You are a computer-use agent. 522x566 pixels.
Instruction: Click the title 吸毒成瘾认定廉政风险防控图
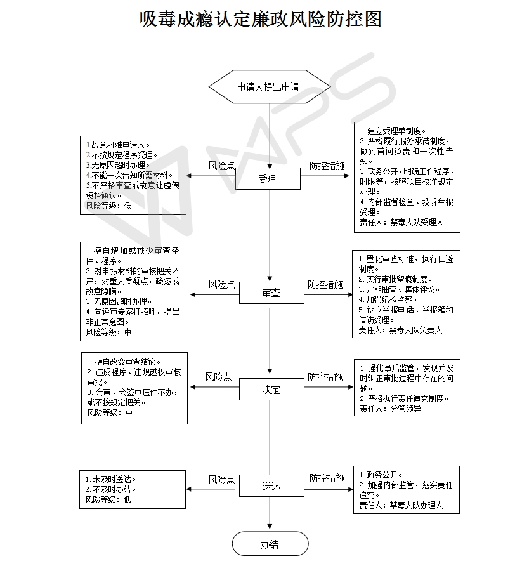pyautogui.click(x=261, y=19)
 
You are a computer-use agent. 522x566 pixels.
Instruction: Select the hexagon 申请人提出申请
pyautogui.click(x=270, y=87)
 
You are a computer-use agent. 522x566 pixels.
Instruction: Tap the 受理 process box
pyautogui.click(x=268, y=179)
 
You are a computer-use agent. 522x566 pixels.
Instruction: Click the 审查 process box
pyautogui.click(x=271, y=293)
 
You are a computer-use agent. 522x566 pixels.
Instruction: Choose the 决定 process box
pyautogui.click(x=271, y=390)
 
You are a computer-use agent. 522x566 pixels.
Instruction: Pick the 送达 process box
pyautogui.click(x=271, y=486)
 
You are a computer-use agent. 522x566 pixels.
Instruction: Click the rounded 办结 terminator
pyautogui.click(x=270, y=544)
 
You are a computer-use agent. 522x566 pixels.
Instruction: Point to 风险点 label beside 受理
pyautogui.click(x=221, y=166)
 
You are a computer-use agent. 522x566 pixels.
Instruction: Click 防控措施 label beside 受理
pyautogui.click(x=327, y=166)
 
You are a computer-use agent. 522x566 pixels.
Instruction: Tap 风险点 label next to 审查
pyautogui.click(x=221, y=284)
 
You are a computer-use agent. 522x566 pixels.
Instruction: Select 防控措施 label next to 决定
pyautogui.click(x=325, y=377)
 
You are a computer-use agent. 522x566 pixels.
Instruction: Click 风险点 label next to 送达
pyautogui.click(x=221, y=480)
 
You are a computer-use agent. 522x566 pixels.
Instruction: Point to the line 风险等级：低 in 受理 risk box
pyautogui.click(x=108, y=206)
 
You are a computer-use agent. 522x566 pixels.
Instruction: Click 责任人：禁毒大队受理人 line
pyautogui.click(x=401, y=222)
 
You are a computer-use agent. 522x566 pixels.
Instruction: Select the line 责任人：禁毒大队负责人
pyautogui.click(x=400, y=330)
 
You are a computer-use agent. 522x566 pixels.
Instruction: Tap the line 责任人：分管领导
pyautogui.click(x=390, y=409)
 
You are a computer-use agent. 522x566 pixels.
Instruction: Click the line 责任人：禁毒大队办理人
pyautogui.click(x=401, y=505)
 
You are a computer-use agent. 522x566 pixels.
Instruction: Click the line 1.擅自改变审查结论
pyautogui.click(x=124, y=362)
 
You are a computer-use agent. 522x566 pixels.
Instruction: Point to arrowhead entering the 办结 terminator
pyautogui.click(x=270, y=526)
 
